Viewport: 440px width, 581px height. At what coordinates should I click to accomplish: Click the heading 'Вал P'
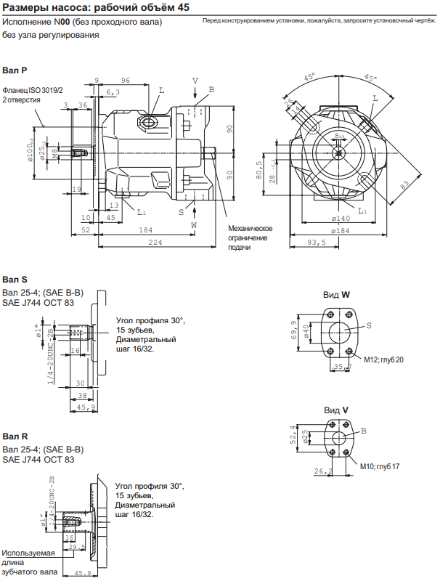click(x=15, y=70)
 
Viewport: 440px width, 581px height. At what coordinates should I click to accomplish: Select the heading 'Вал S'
click(x=15, y=279)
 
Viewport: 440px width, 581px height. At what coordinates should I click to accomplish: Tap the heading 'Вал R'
click(x=15, y=436)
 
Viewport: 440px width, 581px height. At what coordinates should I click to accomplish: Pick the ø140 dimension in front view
click(x=341, y=219)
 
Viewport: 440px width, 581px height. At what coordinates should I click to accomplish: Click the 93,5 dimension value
click(x=317, y=243)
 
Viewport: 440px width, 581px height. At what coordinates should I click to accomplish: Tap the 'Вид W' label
click(x=336, y=295)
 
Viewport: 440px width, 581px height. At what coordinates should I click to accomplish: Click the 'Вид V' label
click(x=336, y=410)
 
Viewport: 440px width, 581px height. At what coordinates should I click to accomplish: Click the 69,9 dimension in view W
click(x=293, y=331)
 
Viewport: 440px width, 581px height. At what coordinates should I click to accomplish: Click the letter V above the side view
click(x=195, y=81)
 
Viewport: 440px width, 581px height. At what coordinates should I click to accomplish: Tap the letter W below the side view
click(x=194, y=226)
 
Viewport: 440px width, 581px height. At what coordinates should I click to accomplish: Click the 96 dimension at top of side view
click(x=125, y=81)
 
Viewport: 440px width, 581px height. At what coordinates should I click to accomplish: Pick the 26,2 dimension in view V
click(x=323, y=472)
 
